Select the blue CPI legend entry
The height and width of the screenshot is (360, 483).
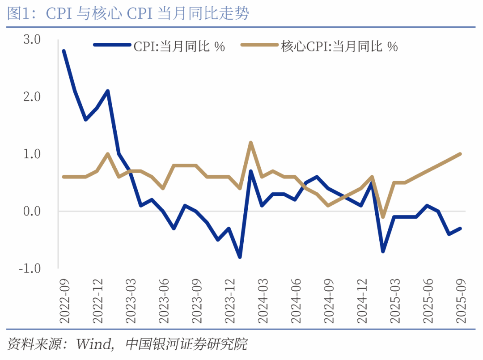click(159, 46)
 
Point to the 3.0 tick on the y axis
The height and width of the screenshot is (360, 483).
click(31, 39)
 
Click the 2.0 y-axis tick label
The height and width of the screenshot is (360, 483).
click(31, 97)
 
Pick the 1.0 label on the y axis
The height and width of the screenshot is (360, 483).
click(31, 154)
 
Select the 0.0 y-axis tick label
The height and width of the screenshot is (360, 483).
click(31, 211)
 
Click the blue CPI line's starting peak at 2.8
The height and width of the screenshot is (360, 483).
click(64, 51)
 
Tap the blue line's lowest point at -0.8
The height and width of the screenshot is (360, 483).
click(240, 257)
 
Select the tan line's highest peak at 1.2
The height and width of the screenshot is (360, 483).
click(251, 143)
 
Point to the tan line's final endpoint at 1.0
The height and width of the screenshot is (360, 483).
click(460, 154)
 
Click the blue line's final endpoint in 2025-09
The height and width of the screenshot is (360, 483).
click(460, 228)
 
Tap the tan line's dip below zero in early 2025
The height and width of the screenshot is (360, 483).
click(383, 217)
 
